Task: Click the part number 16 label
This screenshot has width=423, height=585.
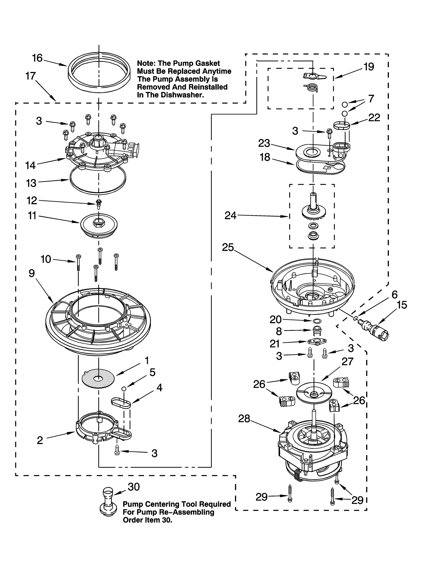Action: click(x=37, y=58)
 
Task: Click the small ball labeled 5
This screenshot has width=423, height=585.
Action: click(x=123, y=389)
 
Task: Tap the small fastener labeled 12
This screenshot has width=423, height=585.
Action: click(x=99, y=203)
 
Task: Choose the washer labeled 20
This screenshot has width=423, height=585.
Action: click(x=316, y=321)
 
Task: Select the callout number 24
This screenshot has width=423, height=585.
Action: click(x=230, y=216)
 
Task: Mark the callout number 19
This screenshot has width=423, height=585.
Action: click(x=369, y=67)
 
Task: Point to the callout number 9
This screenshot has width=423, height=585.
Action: click(x=32, y=273)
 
